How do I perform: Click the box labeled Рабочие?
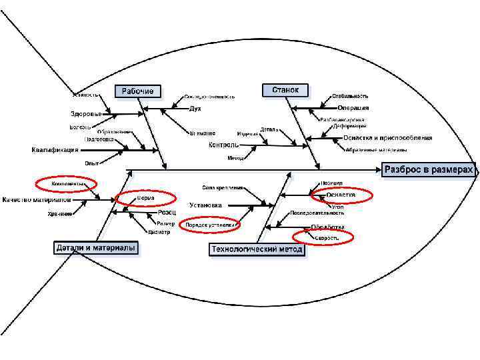pyautogui.click(x=138, y=91)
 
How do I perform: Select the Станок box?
pyautogui.click(x=285, y=89)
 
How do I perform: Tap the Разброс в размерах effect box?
pyautogui.click(x=429, y=170)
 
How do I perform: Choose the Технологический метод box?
pyautogui.click(x=257, y=250)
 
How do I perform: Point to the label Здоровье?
pyautogui.click(x=86, y=113)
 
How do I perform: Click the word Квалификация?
pyautogui.click(x=55, y=150)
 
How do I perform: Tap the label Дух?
pyautogui.click(x=195, y=108)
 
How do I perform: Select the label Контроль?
pyautogui.click(x=224, y=145)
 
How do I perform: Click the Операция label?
pyautogui.click(x=353, y=108)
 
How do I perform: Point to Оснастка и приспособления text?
pyautogui.click(x=387, y=138)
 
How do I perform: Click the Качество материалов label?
pyautogui.click(x=36, y=199)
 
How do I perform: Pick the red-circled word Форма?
pyautogui.click(x=145, y=198)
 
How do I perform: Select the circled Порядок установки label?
pyautogui.click(x=210, y=225)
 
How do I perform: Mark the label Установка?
pyautogui.click(x=205, y=205)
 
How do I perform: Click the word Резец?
pyautogui.click(x=167, y=213)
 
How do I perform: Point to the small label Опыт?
pyautogui.click(x=91, y=163)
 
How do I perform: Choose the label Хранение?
pyautogui.click(x=60, y=213)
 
